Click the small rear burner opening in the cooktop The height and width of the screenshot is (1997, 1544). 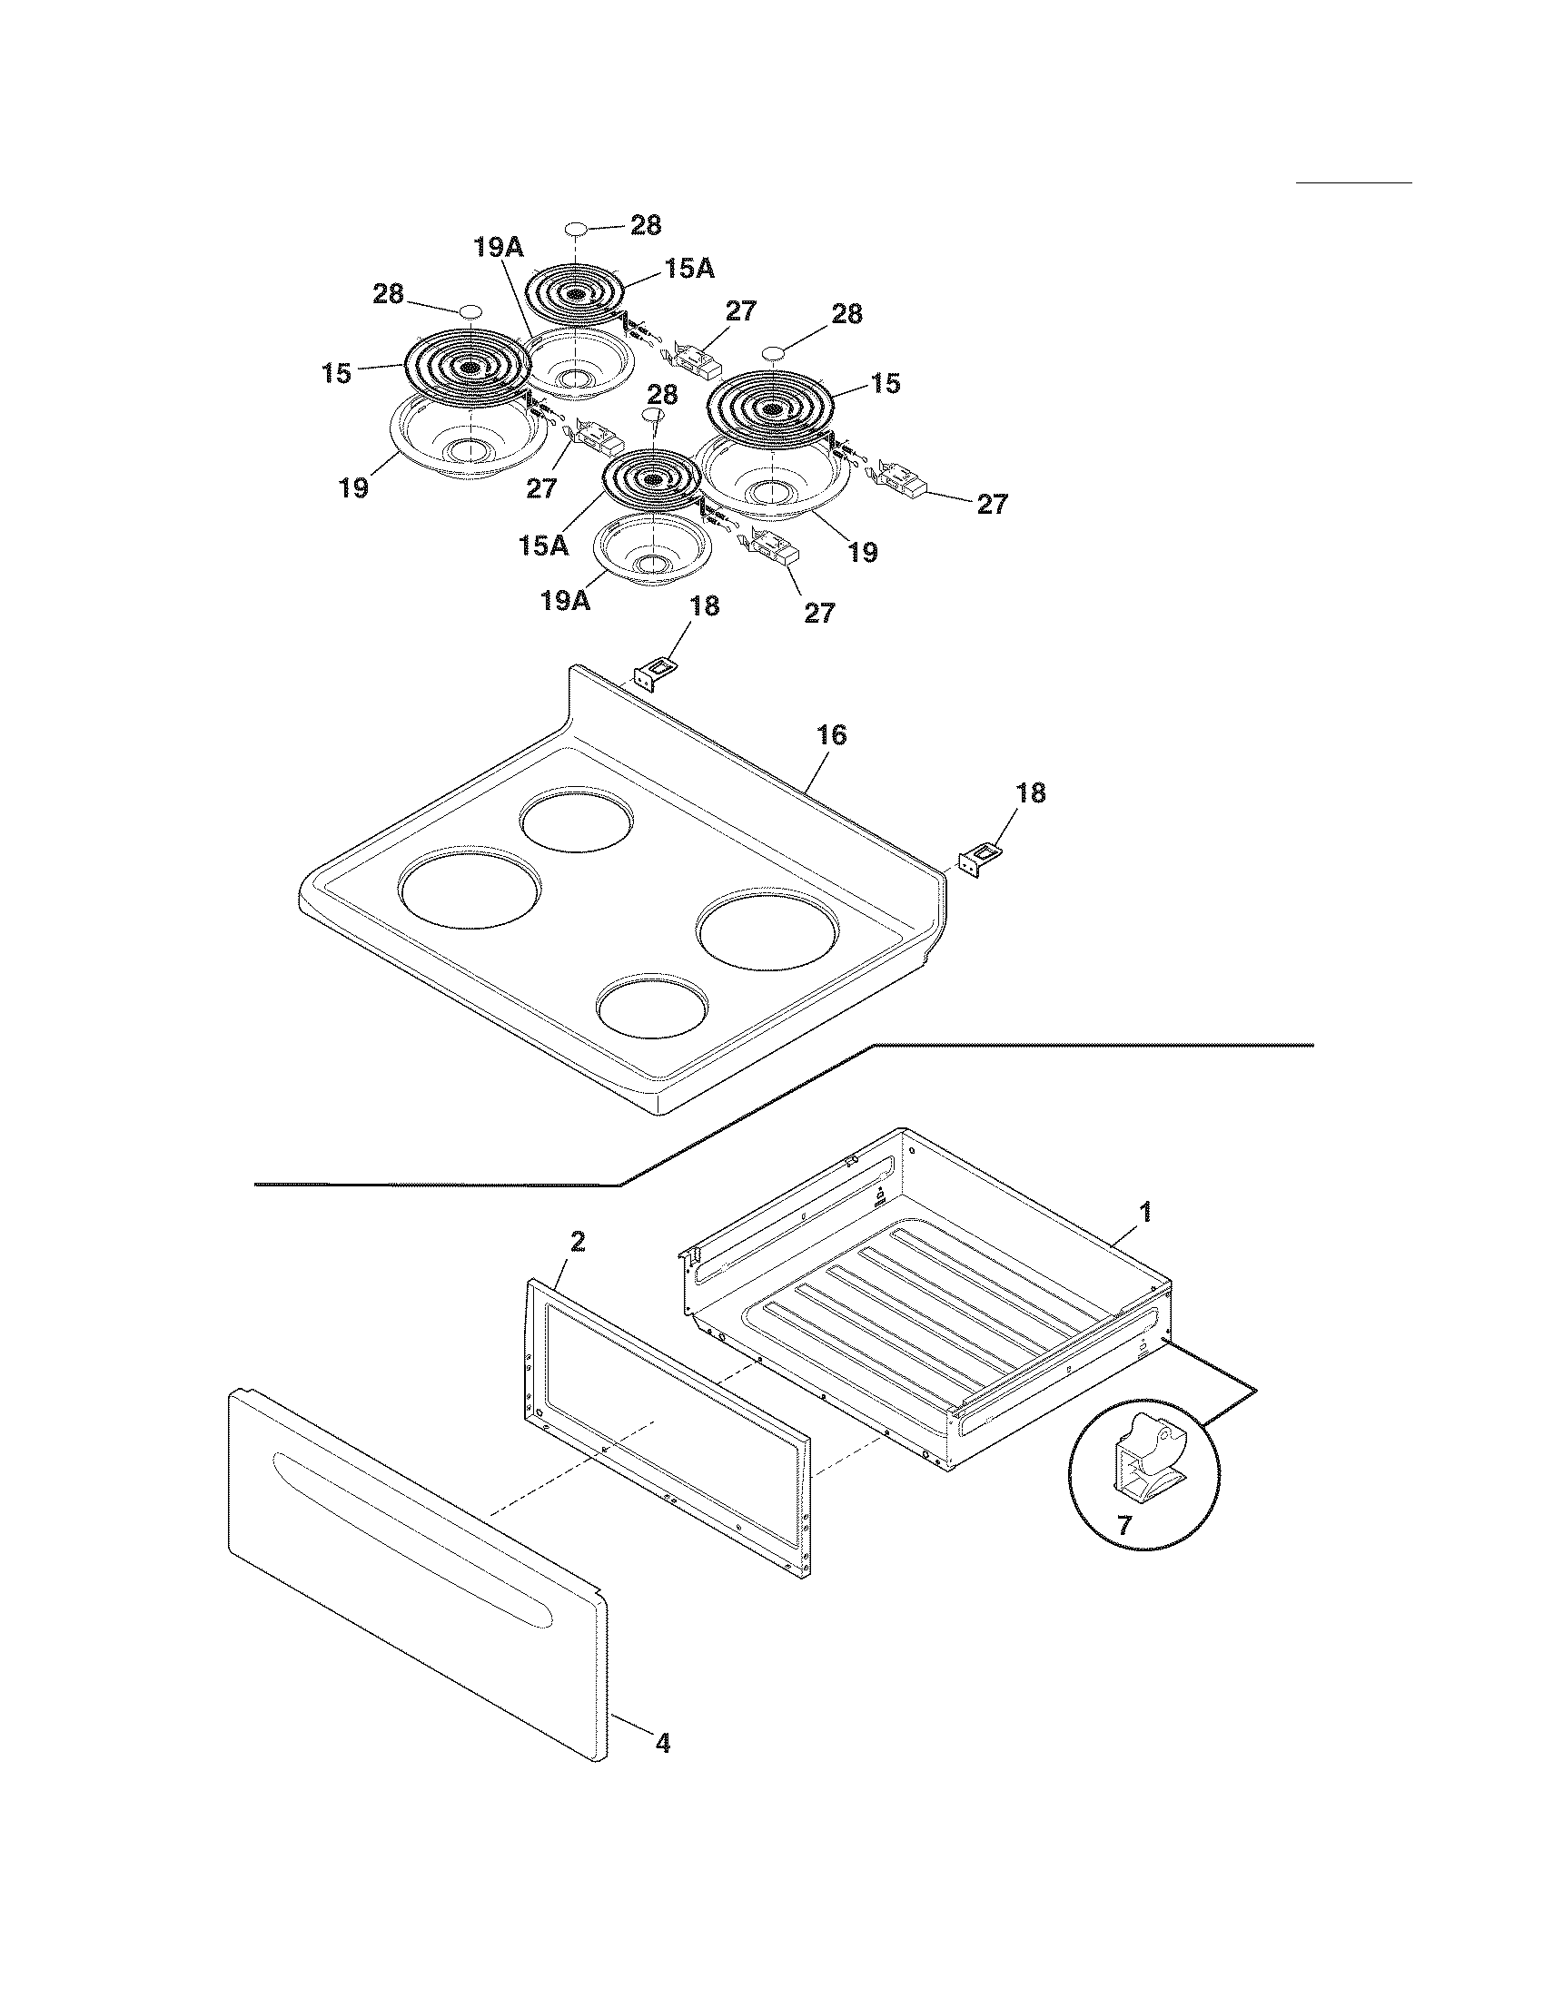pyautogui.click(x=576, y=819)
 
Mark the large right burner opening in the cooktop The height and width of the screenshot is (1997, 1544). pyautogui.click(x=767, y=932)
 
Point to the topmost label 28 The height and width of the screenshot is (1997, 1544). pyautogui.click(x=646, y=225)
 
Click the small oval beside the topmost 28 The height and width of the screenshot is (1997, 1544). pyautogui.click(x=575, y=228)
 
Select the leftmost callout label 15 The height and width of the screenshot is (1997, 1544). pyautogui.click(x=337, y=373)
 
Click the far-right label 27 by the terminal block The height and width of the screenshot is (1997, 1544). pyautogui.click(x=993, y=504)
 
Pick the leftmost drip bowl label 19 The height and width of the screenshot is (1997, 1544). pyautogui.click(x=353, y=488)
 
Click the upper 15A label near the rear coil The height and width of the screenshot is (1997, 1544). pyautogui.click(x=689, y=268)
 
